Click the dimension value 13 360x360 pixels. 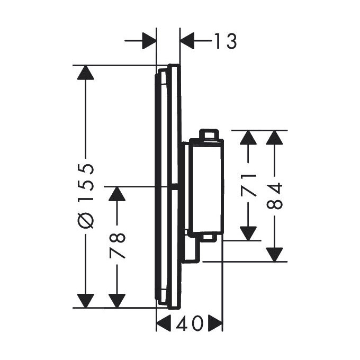click(x=224, y=41)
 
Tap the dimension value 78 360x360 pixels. click(x=117, y=245)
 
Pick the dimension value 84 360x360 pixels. click(x=274, y=195)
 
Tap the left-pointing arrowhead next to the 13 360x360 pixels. click(x=188, y=41)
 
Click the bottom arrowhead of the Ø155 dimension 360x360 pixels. click(x=85, y=300)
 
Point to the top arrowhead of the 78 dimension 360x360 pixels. click(x=117, y=194)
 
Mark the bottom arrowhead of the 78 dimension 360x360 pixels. click(x=117, y=300)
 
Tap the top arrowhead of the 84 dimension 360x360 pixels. click(x=274, y=137)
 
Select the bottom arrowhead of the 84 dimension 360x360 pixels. click(x=274, y=254)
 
